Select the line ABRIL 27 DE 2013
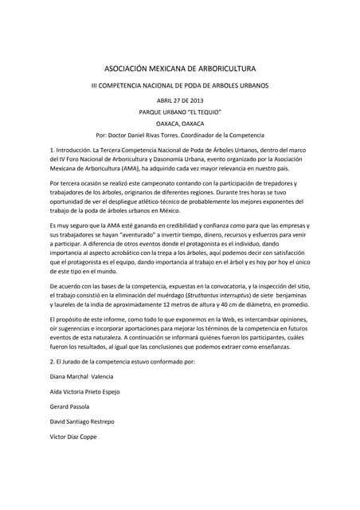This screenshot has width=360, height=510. pos(180,100)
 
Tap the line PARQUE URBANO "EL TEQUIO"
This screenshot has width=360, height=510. pos(180,112)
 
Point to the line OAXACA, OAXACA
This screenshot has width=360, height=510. pos(180,124)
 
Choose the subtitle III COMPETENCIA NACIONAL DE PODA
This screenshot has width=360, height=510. pos(180,84)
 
